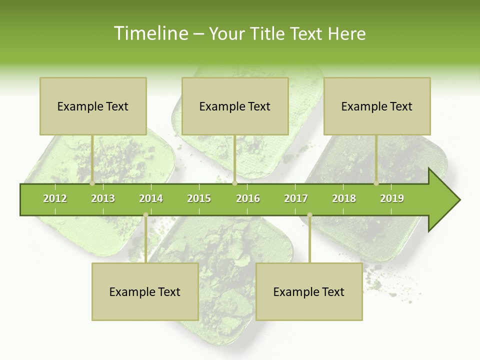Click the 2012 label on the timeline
55,198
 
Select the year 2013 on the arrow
103,198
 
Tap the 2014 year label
151,198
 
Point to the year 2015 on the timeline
199,198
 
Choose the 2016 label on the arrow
248,198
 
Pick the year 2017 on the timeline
296,198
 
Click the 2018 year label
344,198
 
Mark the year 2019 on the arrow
392,198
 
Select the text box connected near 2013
93,106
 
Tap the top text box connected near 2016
235,106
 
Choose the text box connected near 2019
377,106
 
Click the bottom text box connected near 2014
145,292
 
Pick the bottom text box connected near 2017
309,292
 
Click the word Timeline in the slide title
150,33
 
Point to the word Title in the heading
270,33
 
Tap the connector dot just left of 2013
92,183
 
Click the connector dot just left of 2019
376,183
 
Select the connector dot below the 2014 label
145,215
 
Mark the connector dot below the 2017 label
309,215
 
